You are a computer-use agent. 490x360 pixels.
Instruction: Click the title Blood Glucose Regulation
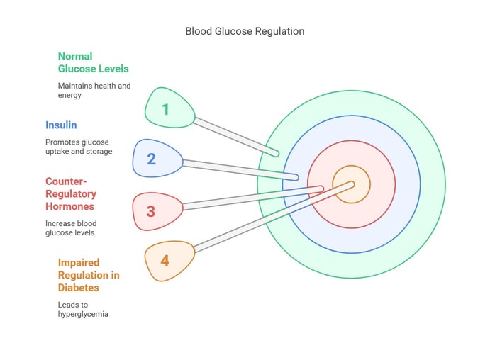(x=245, y=31)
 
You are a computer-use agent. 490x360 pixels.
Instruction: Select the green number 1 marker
(x=168, y=108)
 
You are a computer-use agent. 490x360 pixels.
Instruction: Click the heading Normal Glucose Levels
(x=93, y=62)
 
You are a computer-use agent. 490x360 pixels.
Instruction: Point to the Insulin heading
(x=61, y=125)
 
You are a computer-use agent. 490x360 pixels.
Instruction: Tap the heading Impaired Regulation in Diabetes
(x=89, y=275)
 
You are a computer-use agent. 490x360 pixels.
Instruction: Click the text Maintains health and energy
(x=94, y=90)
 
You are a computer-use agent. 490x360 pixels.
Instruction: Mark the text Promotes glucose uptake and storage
(x=79, y=147)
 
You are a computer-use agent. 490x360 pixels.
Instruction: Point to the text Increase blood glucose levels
(x=71, y=227)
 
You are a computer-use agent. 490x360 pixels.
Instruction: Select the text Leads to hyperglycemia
(x=83, y=309)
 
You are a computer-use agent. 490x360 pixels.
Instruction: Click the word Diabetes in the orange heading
(x=79, y=288)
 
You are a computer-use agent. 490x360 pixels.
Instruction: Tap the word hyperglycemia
(x=83, y=314)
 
